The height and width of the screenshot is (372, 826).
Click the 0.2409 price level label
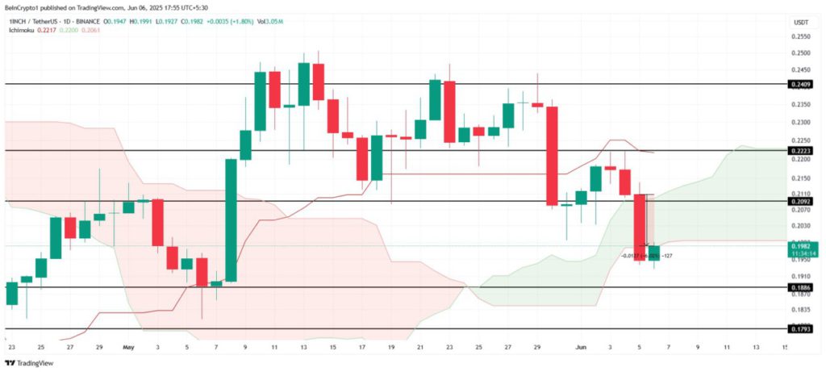[800, 84]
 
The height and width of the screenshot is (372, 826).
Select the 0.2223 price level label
[800, 151]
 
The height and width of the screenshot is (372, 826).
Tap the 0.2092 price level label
[800, 201]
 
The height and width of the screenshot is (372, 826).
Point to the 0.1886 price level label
[800, 287]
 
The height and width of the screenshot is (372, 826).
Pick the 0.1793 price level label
[800, 329]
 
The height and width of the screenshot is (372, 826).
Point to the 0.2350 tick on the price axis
[800, 104]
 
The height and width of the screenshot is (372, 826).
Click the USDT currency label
[801, 22]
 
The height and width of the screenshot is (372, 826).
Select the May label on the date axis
[128, 347]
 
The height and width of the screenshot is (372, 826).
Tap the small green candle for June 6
[654, 253]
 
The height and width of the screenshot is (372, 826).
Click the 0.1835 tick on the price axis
[800, 310]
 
